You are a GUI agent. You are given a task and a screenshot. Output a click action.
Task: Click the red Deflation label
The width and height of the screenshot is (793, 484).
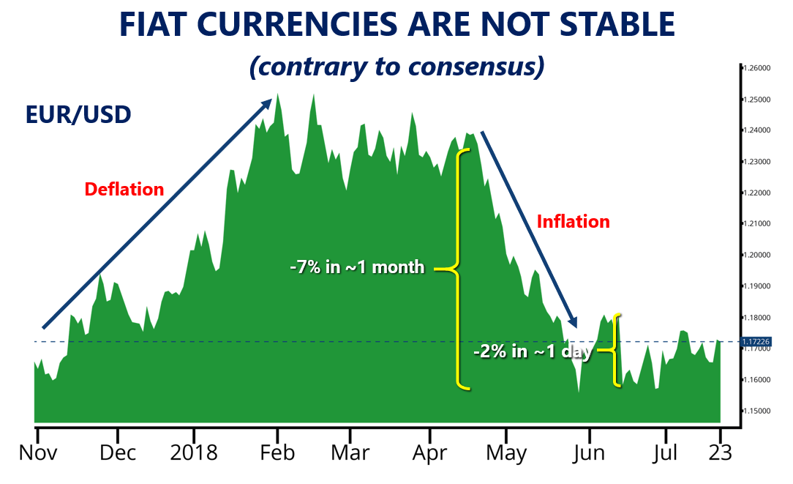point(124,189)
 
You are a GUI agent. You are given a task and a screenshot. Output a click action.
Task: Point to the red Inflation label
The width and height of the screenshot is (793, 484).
point(574,221)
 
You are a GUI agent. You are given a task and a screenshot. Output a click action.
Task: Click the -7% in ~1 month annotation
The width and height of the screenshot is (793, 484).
point(358,267)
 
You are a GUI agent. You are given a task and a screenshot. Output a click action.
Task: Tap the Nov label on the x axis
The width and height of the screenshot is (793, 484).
point(37,453)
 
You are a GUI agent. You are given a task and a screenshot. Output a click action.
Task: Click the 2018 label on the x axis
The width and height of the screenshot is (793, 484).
point(194,453)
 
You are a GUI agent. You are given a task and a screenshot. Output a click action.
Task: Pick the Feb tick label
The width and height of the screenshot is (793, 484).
point(277,453)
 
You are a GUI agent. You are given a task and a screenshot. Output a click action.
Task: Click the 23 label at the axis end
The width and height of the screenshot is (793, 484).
point(721,453)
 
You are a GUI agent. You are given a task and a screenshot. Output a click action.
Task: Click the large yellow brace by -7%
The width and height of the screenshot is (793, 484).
point(459,269)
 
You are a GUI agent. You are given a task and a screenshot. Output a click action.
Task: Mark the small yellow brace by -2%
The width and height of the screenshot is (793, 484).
point(616,351)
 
